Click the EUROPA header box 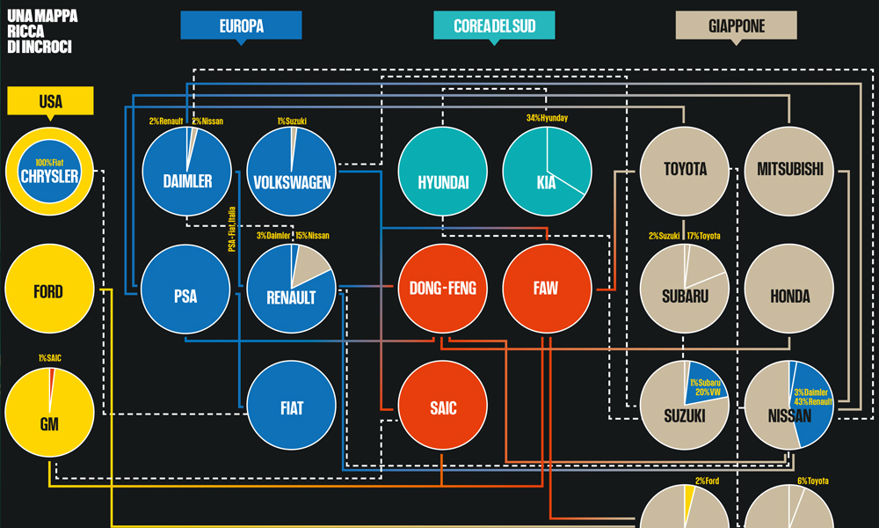pyautogui.click(x=241, y=26)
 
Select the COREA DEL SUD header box pyautogui.click(x=494, y=26)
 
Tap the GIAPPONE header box pyautogui.click(x=736, y=26)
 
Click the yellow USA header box pyautogui.click(x=50, y=101)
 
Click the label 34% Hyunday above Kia pyautogui.click(x=546, y=118)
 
